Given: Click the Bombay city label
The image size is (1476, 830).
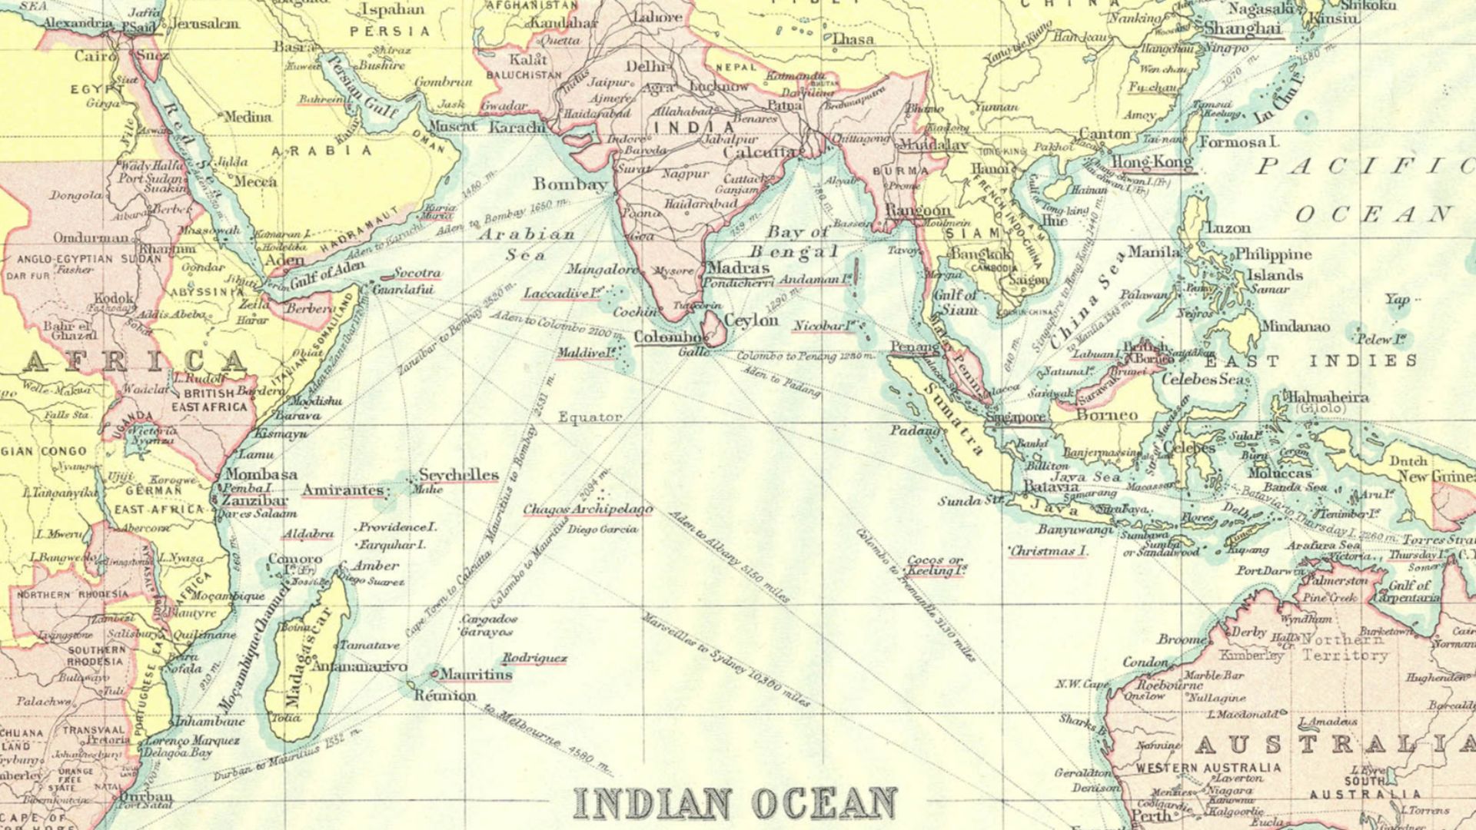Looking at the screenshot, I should tap(570, 184).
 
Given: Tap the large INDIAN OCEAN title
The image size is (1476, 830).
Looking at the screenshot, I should tap(736, 802).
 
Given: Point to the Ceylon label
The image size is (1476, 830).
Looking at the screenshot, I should tap(751, 320).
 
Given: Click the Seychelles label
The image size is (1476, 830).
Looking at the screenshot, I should tap(459, 475).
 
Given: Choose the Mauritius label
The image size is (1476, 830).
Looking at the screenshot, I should tap(476, 674).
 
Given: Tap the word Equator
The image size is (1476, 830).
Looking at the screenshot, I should tap(590, 417).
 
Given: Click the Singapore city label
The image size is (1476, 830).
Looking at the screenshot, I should tap(1015, 417).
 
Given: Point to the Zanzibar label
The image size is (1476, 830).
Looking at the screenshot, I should tap(254, 500).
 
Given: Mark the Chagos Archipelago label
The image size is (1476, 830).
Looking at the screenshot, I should tap(588, 510).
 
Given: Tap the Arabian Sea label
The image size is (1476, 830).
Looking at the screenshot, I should tap(527, 244).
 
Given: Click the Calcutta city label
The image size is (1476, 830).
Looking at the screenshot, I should tap(761, 152).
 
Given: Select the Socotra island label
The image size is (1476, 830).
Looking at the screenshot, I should tap(417, 273).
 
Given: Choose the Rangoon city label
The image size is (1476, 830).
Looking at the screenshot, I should tap(918, 210).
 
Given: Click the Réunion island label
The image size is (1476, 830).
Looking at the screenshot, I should tap(445, 696).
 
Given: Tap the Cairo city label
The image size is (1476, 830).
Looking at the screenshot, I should tap(95, 56).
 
